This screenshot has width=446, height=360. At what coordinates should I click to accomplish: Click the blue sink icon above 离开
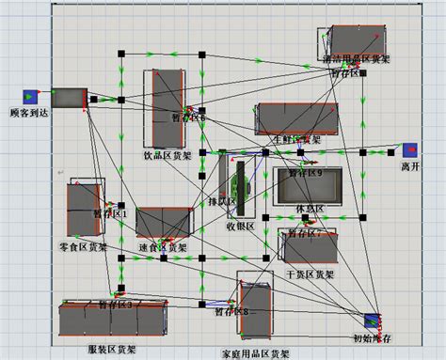click(409, 150)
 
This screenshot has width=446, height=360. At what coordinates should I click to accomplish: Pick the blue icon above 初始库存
click(372, 320)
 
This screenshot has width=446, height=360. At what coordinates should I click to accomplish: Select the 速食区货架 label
click(164, 248)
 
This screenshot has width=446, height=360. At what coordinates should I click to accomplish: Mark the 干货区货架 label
click(310, 274)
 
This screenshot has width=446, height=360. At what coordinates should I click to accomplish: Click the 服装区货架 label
click(112, 350)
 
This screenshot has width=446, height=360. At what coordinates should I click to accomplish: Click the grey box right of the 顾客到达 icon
click(69, 97)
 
